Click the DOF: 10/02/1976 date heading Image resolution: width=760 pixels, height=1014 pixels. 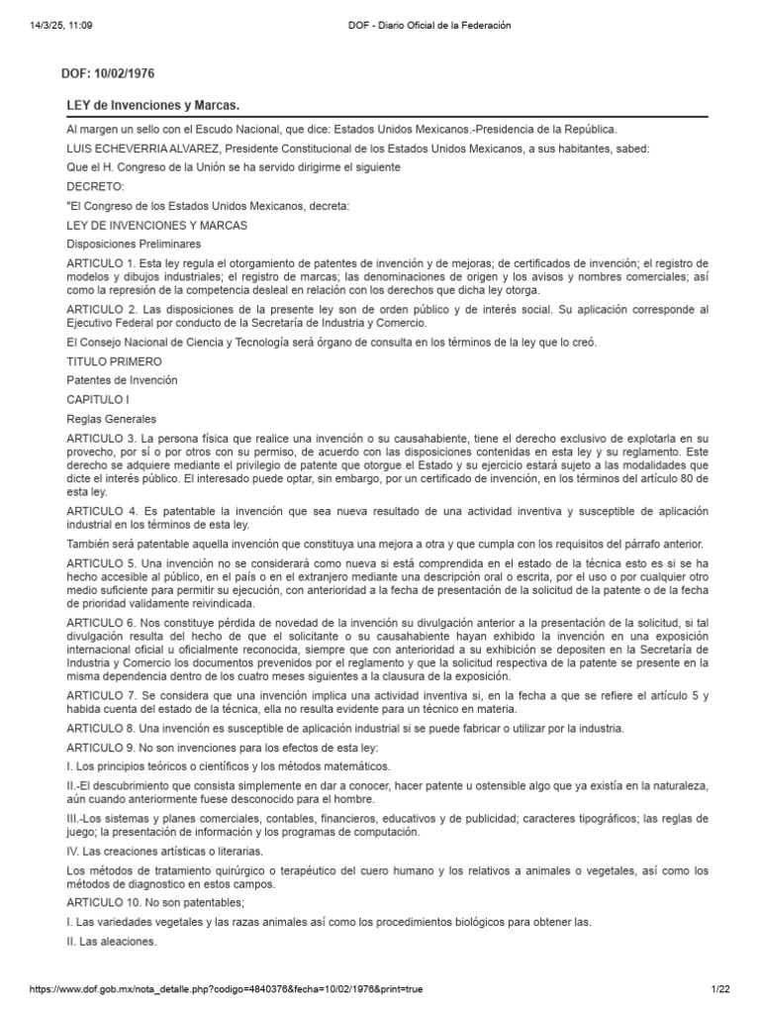coord(110,73)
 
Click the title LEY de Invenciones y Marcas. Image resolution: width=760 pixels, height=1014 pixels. coord(152,105)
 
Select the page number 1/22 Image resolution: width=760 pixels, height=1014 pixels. coord(719,988)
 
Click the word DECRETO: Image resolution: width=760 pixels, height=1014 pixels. coord(96,186)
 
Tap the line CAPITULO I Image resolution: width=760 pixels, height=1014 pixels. coord(98,399)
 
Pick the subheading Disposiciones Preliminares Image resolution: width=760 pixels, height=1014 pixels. coord(134,244)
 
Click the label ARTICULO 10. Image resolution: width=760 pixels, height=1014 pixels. coord(105,903)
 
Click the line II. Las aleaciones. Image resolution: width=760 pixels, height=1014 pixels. coord(112,941)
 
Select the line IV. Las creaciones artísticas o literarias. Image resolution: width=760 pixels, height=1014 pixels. coord(164,851)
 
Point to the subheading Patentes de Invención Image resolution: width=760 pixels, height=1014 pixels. coord(124,380)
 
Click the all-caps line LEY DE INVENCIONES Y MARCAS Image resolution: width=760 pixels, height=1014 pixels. coord(156,225)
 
